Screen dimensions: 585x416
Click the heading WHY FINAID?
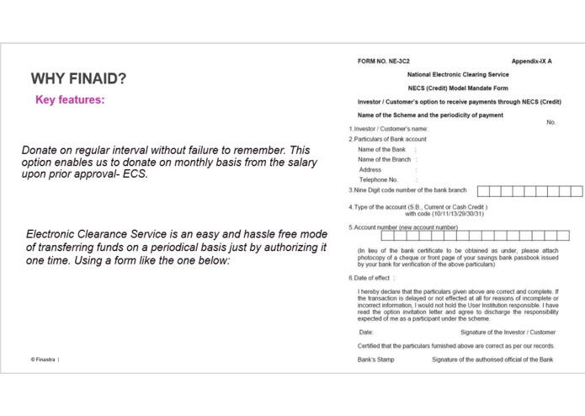point(78,79)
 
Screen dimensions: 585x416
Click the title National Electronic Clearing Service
point(458,75)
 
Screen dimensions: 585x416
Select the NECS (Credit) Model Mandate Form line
point(458,88)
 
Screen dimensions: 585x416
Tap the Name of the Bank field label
point(381,149)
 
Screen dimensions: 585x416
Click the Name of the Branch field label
point(384,159)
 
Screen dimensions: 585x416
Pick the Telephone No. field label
point(378,179)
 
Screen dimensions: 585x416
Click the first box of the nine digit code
point(483,191)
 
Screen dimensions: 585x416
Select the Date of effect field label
point(370,278)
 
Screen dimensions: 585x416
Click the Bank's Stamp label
point(375,360)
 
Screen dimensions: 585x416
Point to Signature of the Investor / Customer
point(508,333)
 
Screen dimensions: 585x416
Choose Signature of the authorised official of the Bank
point(492,360)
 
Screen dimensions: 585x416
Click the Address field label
point(370,169)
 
